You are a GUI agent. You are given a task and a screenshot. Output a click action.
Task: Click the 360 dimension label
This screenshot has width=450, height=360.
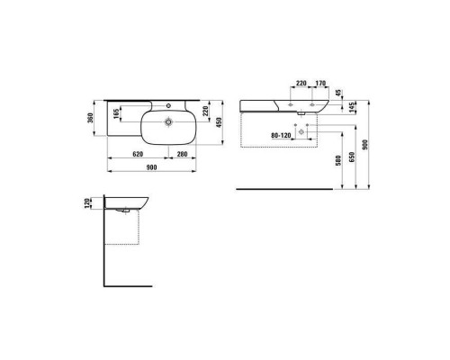(91, 118)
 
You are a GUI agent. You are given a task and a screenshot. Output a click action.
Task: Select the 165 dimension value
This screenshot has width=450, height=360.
(116, 113)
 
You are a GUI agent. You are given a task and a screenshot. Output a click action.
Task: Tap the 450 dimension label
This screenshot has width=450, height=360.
(219, 122)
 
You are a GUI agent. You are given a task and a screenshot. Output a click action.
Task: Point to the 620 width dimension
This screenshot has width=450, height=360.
(138, 154)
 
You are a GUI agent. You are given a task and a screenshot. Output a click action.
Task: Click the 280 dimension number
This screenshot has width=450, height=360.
(182, 154)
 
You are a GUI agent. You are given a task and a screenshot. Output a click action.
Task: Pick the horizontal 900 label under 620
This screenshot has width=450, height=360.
(151, 167)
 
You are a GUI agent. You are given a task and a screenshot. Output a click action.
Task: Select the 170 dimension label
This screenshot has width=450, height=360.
(320, 83)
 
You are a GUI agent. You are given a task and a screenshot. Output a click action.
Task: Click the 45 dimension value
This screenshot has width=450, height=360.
(338, 94)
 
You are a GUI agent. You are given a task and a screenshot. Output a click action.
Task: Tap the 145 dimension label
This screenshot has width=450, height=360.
(352, 107)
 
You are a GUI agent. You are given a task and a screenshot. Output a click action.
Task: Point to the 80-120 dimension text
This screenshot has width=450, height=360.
(281, 136)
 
